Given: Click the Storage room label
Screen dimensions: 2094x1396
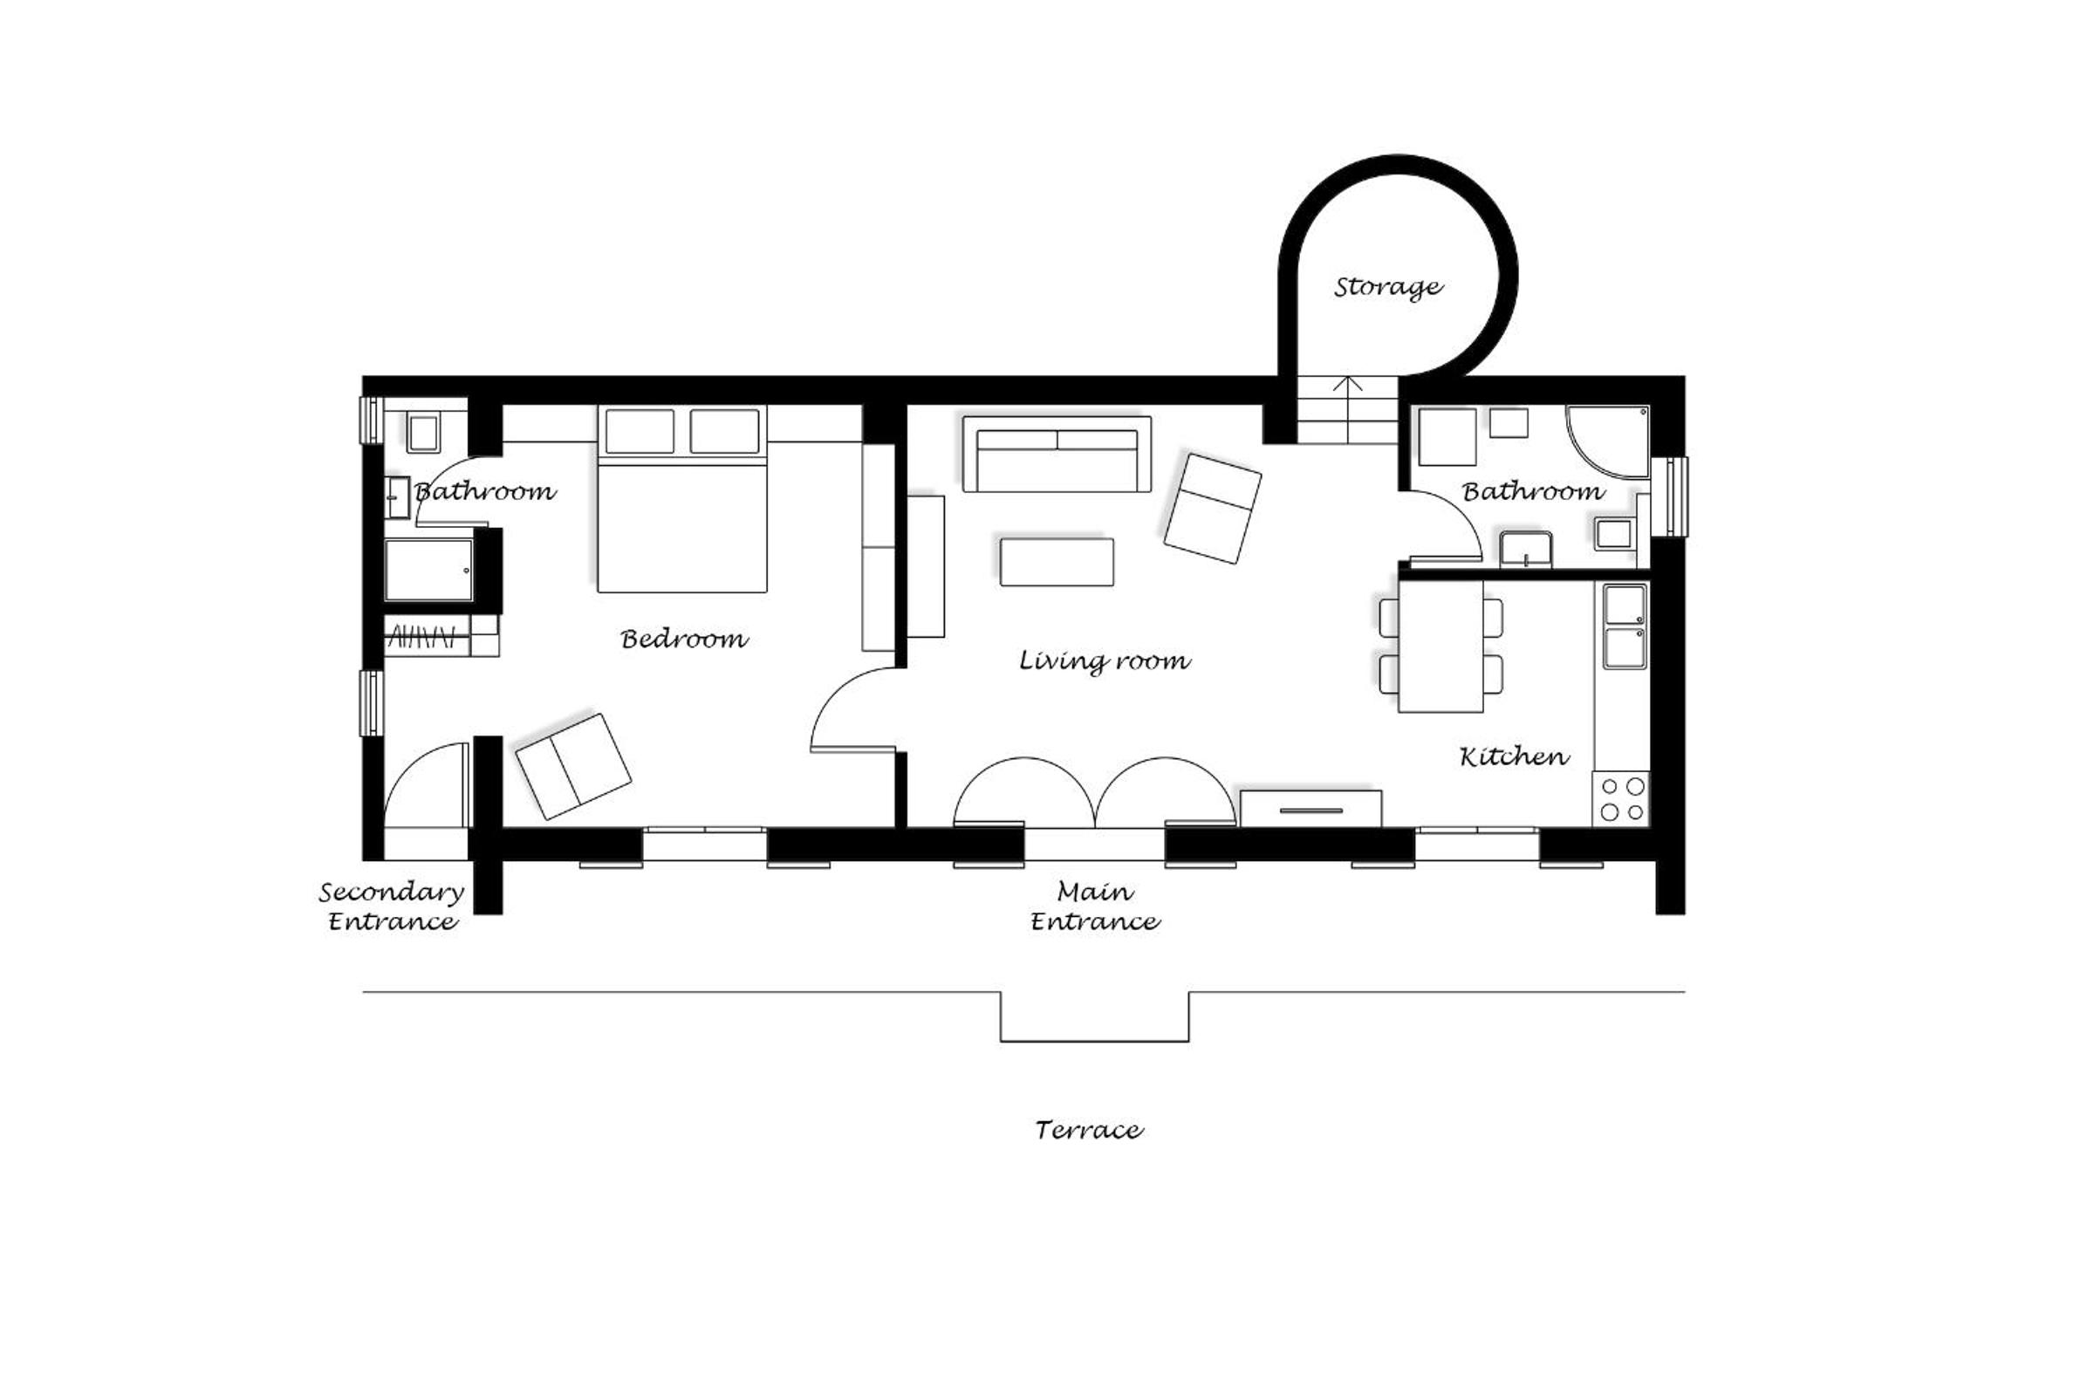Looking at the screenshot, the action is (1387, 288).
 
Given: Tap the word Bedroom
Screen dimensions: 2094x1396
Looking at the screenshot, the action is (684, 639).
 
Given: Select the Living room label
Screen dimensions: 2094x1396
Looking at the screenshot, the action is (1104, 660).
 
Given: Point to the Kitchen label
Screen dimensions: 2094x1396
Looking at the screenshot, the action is (1514, 756).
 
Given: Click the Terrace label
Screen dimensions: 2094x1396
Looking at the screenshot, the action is (1089, 1130).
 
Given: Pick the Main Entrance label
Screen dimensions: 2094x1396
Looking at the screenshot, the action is (1095, 907).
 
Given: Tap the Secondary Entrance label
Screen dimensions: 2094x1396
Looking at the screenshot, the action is (392, 907).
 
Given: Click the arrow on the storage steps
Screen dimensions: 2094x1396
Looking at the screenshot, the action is (1348, 409).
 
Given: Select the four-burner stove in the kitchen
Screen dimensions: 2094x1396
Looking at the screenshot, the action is (1621, 798).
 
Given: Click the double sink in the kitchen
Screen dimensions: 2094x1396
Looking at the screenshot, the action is (1625, 626).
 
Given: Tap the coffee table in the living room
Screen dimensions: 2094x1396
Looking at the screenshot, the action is (1056, 562).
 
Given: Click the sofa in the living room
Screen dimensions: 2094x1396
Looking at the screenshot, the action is (1057, 454).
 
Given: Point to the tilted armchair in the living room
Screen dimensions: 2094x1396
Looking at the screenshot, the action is (1213, 509).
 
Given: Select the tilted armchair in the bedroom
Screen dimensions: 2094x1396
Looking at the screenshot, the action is (573, 767).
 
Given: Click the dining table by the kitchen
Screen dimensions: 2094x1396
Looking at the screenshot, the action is (1440, 647).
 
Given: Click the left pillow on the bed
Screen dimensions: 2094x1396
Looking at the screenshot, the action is (640, 431).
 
